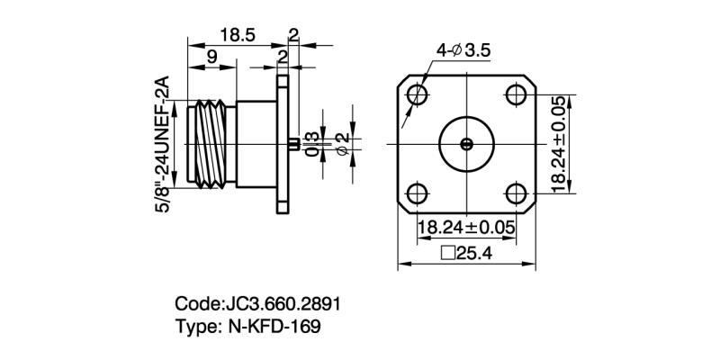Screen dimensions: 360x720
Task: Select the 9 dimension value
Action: pos(210,58)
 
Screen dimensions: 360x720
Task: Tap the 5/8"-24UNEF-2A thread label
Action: pos(164,144)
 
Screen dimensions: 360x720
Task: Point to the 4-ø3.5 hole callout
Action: pos(463,51)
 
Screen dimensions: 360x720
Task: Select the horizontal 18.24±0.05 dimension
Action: pos(466,228)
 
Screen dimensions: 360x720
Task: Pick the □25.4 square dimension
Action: pos(466,253)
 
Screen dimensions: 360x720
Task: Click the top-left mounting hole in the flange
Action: pos(417,94)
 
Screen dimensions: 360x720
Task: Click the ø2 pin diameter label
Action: pos(341,143)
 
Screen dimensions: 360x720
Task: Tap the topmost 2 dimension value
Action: pos(293,33)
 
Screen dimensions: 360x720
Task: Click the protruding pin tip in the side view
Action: pos(295,142)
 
